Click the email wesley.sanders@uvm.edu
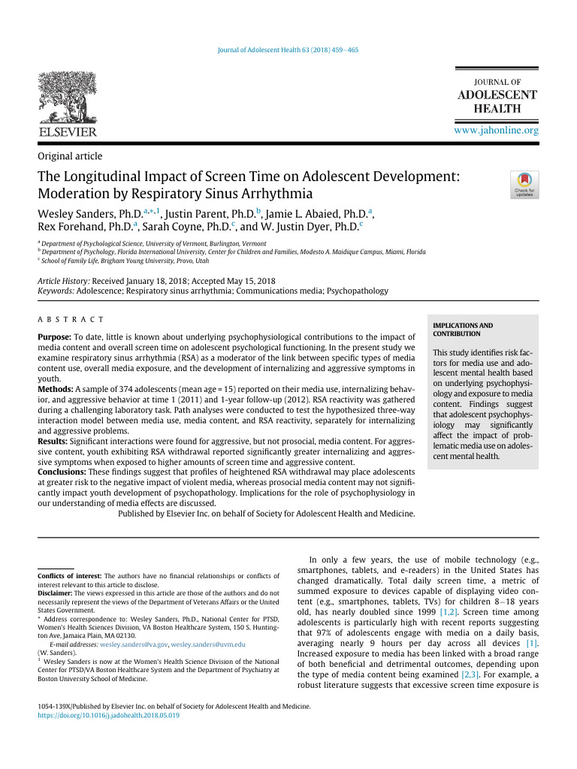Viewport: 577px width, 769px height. [208, 644]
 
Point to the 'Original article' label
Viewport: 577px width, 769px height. [70, 156]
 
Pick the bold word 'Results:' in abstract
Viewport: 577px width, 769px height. [54, 443]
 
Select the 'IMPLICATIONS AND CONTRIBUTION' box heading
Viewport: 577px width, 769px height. [463, 329]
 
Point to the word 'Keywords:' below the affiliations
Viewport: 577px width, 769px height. [59, 290]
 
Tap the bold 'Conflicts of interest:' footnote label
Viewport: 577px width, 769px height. [69, 576]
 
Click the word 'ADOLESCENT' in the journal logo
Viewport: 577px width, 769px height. [497, 95]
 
